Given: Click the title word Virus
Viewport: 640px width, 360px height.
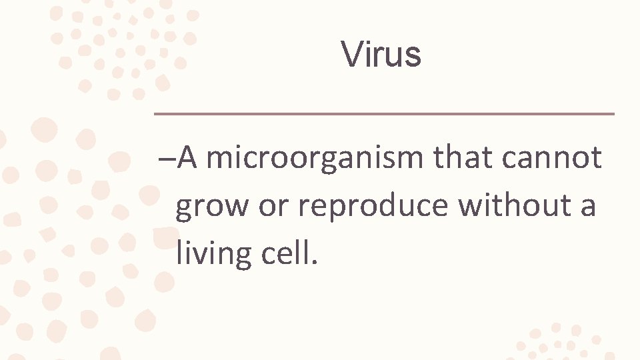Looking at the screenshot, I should coord(381,54).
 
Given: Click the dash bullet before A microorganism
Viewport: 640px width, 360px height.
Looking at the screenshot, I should coord(167,160).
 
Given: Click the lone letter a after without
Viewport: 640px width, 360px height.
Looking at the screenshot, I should coord(587,207).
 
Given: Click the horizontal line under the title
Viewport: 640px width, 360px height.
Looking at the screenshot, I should coord(384,114).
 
